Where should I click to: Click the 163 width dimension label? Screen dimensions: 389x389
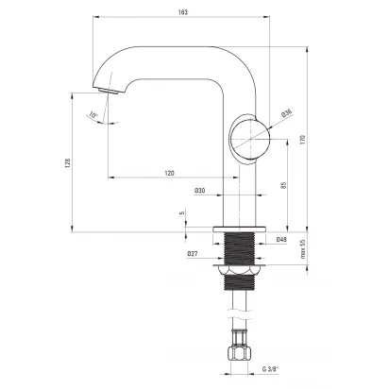click(x=182, y=12)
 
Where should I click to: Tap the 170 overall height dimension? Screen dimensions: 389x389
click(x=303, y=139)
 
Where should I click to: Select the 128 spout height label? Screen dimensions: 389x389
click(x=68, y=162)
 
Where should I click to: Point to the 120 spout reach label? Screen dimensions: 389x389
click(x=169, y=173)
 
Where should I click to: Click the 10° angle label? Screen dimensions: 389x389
click(x=93, y=115)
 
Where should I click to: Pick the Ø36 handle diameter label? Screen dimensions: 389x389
click(x=287, y=112)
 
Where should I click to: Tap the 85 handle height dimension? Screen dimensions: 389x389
click(x=283, y=185)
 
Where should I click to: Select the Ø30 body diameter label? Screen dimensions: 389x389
click(x=200, y=191)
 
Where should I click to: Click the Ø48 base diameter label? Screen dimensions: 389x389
click(x=281, y=240)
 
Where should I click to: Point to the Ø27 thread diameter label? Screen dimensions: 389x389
click(x=193, y=253)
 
